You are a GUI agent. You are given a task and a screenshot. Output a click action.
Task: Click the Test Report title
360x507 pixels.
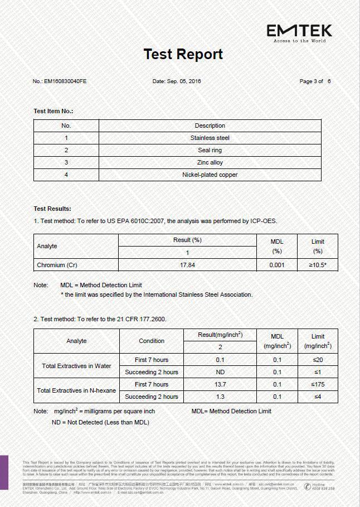point(183,54)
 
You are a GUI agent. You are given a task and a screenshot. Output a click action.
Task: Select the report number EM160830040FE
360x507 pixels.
point(60,81)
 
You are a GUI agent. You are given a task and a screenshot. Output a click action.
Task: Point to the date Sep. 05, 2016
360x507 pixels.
point(176,81)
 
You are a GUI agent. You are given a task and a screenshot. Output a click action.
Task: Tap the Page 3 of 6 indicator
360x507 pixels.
point(315,81)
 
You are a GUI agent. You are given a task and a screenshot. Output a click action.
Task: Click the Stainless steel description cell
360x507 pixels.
point(210,138)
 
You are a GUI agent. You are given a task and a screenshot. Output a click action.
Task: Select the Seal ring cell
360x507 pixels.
point(210,150)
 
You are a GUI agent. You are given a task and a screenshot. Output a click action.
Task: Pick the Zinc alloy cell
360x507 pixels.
point(210,162)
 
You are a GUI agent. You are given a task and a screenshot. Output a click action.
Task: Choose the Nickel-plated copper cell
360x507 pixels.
point(210,175)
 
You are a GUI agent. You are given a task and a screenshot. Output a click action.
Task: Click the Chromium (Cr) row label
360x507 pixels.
point(57,265)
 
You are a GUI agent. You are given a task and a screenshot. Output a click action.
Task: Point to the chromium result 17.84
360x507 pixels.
point(187,265)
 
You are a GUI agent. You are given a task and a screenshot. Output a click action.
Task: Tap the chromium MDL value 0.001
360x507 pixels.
point(276,265)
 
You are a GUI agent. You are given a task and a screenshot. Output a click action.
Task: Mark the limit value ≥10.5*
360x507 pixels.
point(318,265)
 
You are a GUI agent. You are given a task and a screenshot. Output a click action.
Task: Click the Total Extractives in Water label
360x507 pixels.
point(76,366)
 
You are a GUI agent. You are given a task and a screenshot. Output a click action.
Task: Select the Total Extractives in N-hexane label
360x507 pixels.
point(76,390)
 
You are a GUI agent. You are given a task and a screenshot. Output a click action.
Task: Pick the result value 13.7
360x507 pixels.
point(220,384)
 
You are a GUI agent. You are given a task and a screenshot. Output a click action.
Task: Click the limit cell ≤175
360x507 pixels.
point(318,384)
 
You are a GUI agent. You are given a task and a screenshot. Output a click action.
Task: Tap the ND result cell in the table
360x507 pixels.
point(220,372)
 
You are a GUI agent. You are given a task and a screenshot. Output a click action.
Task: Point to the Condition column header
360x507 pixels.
point(152,341)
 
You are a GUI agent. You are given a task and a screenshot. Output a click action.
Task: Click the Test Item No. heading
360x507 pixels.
point(53,111)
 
